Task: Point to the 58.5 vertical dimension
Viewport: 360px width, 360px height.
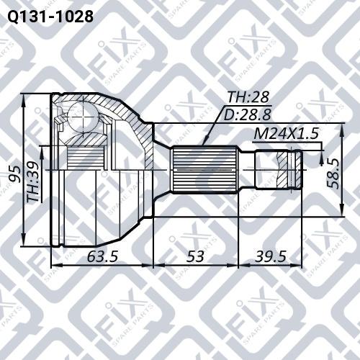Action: (x=332, y=173)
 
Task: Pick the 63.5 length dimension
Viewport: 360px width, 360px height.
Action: (x=102, y=256)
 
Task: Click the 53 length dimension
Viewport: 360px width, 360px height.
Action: (x=195, y=256)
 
